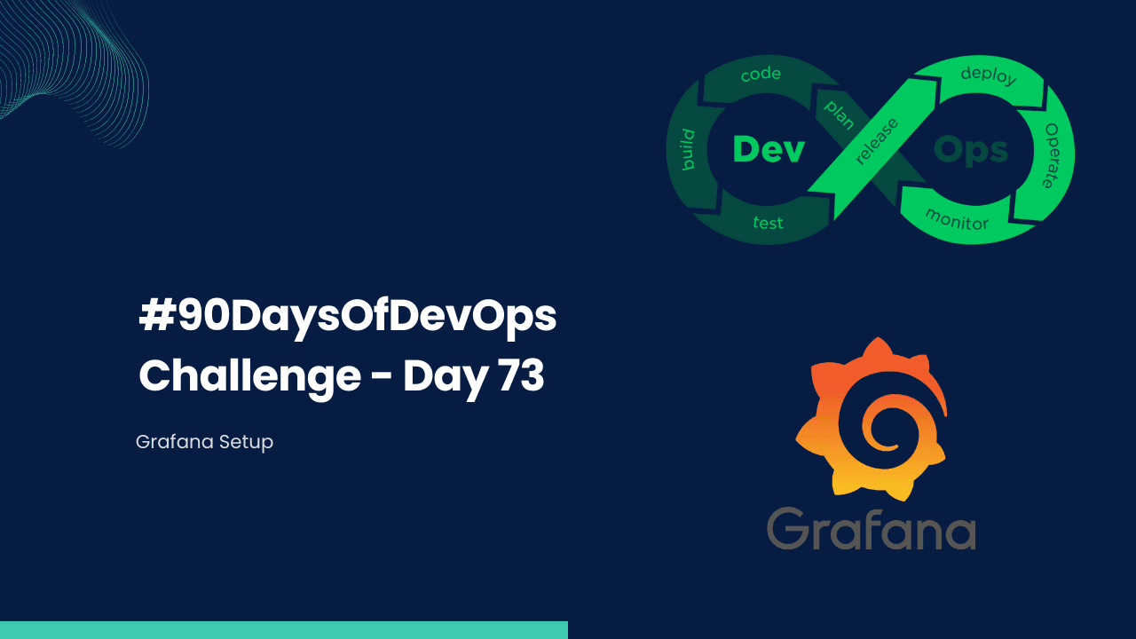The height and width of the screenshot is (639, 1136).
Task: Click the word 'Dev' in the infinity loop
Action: click(x=769, y=149)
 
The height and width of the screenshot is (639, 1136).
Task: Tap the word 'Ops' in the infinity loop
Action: click(x=970, y=150)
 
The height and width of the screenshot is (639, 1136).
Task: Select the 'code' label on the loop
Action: click(x=761, y=75)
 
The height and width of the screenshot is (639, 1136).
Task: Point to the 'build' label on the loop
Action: click(x=687, y=149)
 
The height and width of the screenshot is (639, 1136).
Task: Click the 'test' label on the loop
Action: click(x=768, y=222)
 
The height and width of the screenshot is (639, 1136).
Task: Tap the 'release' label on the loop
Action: click(x=876, y=140)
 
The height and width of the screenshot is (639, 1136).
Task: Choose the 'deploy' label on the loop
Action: click(x=988, y=75)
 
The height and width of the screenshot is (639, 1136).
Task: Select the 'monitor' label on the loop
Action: click(x=957, y=218)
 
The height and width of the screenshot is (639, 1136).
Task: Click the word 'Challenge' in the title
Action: click(x=249, y=377)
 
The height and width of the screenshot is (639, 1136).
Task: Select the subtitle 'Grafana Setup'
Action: click(x=204, y=441)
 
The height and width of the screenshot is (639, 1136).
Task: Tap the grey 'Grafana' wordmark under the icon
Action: click(x=871, y=528)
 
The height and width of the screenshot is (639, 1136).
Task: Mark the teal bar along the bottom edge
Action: click(x=283, y=630)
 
